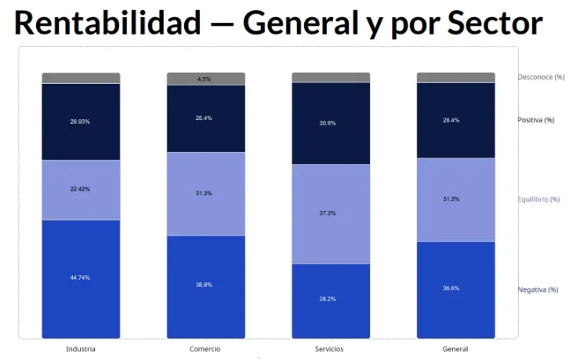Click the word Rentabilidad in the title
point(107,23)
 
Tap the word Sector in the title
point(495,23)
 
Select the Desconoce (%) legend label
point(541,77)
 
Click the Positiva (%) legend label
point(535,120)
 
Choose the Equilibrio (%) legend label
point(538,199)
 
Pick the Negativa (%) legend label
point(538,289)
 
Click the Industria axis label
point(81,349)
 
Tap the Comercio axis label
point(205,349)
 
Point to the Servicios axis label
point(329,349)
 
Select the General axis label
point(455,349)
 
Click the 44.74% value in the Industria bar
point(80,278)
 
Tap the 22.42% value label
point(80,189)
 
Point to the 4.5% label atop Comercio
point(204,78)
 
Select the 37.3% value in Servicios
point(328,213)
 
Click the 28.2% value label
point(328,299)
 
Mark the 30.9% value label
point(328,123)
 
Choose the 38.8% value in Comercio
point(204,285)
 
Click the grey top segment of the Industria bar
point(81,78)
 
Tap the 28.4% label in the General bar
point(451,120)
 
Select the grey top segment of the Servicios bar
point(331,78)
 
